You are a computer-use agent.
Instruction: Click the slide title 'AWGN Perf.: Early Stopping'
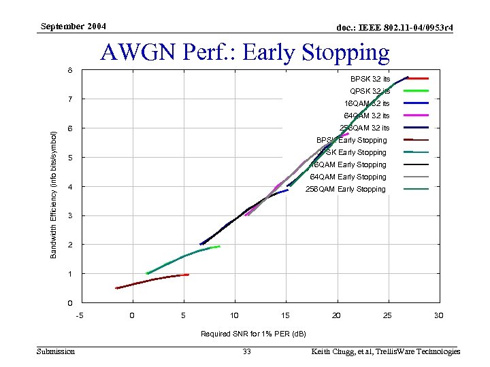[x=245, y=52]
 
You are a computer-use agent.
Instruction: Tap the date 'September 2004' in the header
[x=73, y=27]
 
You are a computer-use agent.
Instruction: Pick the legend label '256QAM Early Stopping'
[x=346, y=189]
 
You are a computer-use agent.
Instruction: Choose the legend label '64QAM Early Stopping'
[x=348, y=177]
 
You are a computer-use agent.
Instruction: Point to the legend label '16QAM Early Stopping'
[x=348, y=164]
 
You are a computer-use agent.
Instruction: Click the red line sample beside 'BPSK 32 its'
[x=416, y=79]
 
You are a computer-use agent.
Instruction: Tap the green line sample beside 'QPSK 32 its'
[x=416, y=91]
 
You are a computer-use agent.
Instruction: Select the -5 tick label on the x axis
[x=80, y=315]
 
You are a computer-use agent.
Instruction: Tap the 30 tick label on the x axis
[x=439, y=315]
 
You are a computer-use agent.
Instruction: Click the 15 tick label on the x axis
[x=285, y=315]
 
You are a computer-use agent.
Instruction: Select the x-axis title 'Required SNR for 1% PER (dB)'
[x=253, y=334]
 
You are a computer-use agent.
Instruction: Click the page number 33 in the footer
[x=246, y=351]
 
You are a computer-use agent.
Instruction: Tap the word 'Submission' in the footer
[x=56, y=351]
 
